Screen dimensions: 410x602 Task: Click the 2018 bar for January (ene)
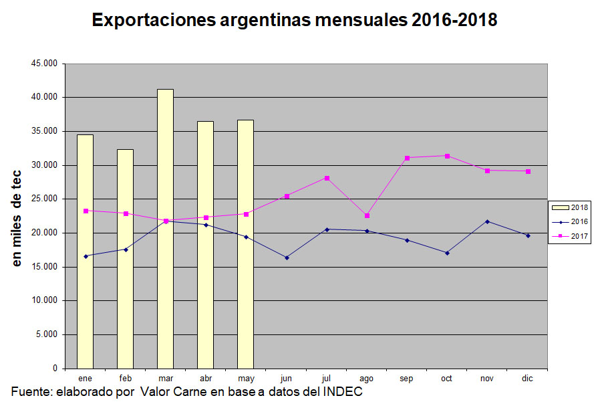click(85, 251)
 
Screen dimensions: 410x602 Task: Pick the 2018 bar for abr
click(205, 245)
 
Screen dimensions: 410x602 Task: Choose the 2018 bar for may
click(245, 244)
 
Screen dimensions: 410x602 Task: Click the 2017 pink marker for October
click(447, 156)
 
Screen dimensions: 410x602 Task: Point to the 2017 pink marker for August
click(367, 215)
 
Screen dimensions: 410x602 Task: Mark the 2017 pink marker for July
click(327, 178)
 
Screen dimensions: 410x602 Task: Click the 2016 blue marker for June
click(287, 258)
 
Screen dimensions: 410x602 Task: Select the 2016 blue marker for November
click(487, 221)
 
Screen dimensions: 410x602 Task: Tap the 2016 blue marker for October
click(447, 253)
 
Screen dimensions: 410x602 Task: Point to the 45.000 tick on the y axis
click(45, 64)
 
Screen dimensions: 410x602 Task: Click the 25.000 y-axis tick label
click(45, 199)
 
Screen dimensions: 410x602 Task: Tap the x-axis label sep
click(406, 379)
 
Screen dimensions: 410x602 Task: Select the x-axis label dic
click(527, 379)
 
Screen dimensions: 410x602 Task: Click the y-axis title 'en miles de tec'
click(18, 216)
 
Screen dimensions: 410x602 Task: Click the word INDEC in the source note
click(344, 391)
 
